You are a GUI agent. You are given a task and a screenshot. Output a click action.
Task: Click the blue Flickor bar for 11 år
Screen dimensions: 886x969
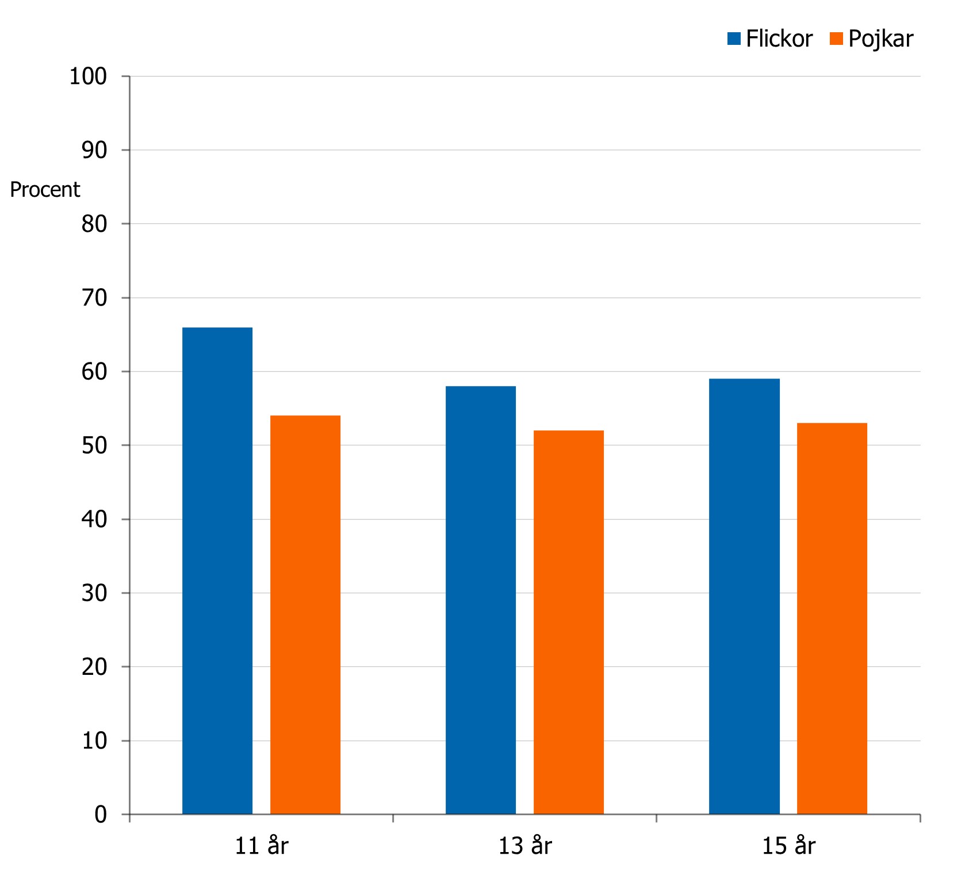[217, 570]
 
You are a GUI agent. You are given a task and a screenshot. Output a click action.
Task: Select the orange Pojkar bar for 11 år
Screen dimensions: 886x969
[305, 614]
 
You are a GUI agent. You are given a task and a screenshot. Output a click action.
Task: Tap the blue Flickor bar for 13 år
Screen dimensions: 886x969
[481, 599]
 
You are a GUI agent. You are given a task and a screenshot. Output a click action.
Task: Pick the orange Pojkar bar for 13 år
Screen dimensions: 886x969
[569, 622]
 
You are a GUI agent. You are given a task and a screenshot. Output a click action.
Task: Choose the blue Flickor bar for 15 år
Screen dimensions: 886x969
[744, 596]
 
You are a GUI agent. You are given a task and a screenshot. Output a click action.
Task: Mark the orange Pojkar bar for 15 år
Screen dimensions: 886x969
[832, 618]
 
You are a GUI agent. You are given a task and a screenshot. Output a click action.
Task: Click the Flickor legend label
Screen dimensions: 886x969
[779, 39]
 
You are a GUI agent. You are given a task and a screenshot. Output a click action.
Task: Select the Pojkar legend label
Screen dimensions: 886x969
[880, 39]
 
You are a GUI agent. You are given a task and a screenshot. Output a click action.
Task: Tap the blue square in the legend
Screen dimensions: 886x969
[734, 39]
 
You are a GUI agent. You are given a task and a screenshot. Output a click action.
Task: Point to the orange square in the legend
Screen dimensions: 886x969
[836, 39]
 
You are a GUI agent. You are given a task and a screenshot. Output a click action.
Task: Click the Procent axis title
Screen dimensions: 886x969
[45, 190]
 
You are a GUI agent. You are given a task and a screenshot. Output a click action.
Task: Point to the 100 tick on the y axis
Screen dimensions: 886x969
[88, 77]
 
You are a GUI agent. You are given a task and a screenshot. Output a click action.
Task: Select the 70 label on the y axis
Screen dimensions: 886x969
[94, 298]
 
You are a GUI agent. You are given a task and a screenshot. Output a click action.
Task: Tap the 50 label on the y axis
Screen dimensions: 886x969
[94, 446]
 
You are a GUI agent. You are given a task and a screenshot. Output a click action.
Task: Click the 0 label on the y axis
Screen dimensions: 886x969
[101, 815]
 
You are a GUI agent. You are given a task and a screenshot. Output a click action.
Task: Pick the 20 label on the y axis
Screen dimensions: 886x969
[94, 667]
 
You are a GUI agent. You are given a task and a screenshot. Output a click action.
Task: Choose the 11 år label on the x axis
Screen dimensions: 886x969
[262, 846]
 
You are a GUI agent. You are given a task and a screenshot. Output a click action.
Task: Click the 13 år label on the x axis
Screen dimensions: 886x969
[525, 846]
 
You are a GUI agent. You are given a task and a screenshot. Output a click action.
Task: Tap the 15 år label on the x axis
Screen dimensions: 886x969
[788, 846]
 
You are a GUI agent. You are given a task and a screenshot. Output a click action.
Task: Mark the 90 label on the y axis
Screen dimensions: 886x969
[94, 151]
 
